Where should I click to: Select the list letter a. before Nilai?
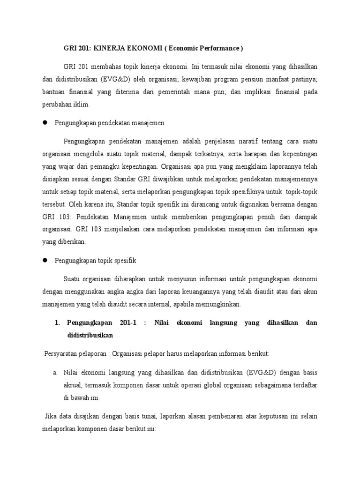[x=55, y=372]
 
